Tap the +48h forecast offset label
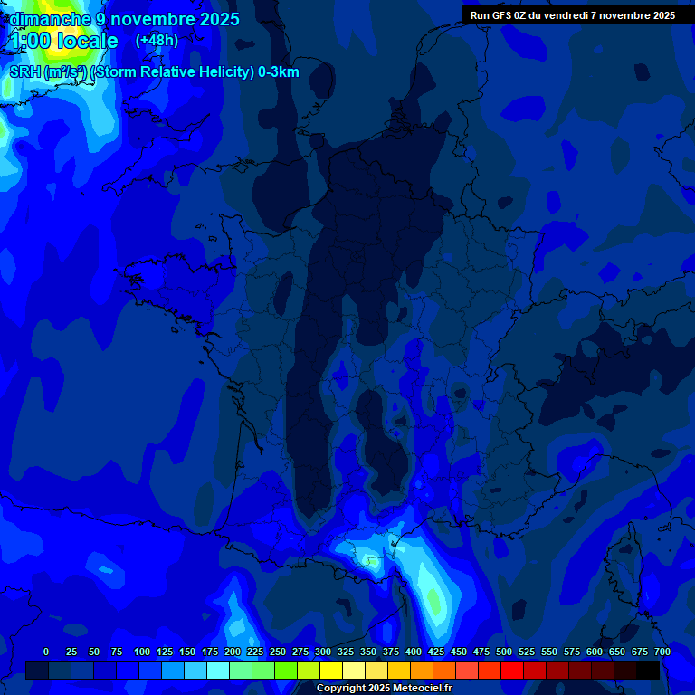[x=157, y=41]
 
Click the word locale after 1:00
[x=87, y=41]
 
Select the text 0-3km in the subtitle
[x=279, y=72]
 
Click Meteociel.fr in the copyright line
[x=423, y=689]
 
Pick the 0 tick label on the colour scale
[x=46, y=652]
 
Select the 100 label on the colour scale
[x=142, y=652]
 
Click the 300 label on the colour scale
[x=323, y=652]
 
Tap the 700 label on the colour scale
[x=662, y=652]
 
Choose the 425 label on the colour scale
[x=436, y=652]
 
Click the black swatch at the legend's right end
[x=648, y=670]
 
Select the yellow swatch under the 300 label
[x=331, y=670]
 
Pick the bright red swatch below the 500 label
[x=512, y=670]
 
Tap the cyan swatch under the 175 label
[x=218, y=670]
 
